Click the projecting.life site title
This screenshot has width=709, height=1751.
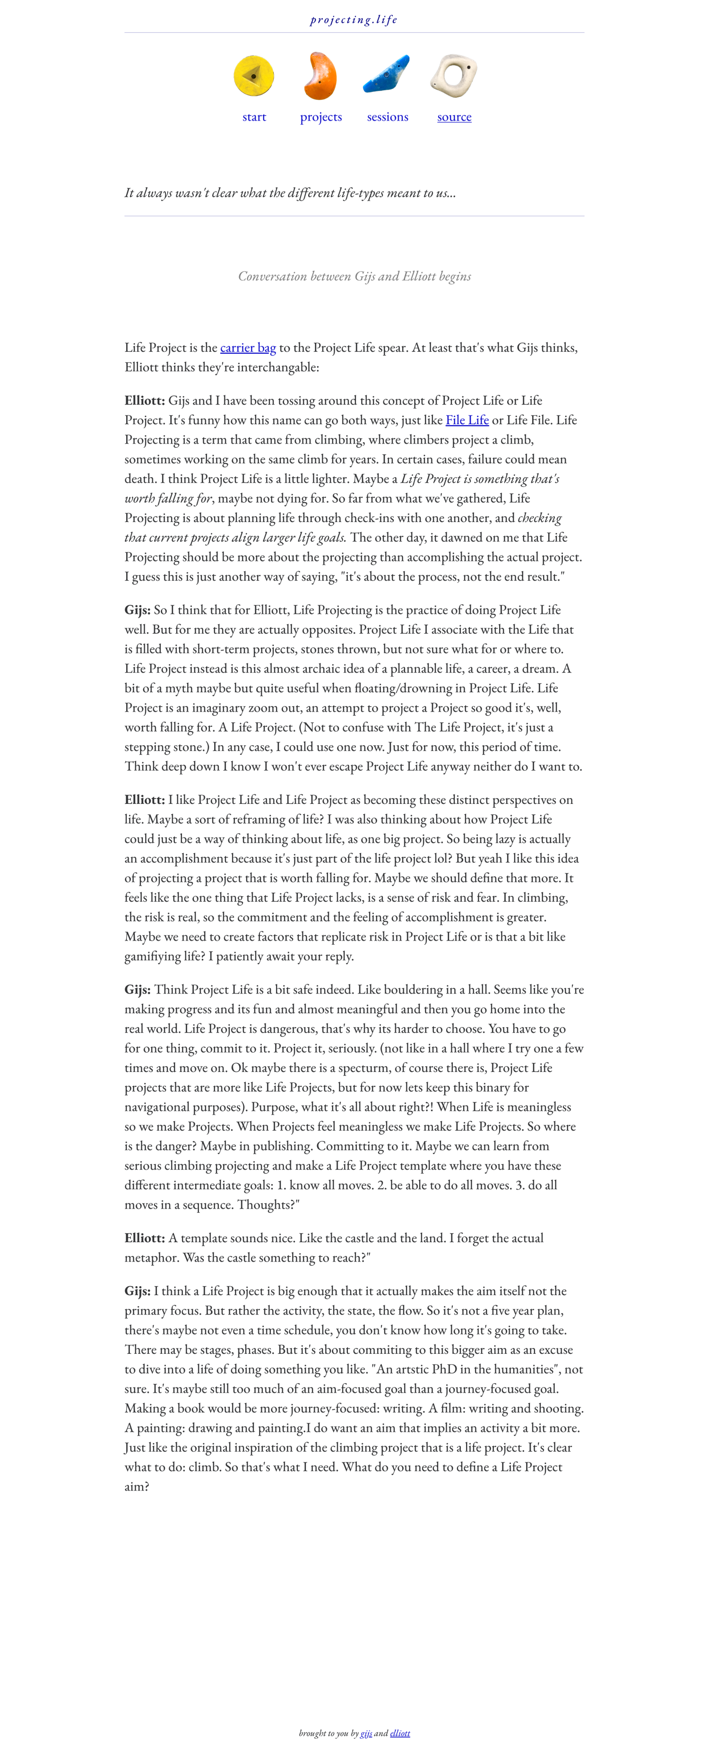(x=354, y=20)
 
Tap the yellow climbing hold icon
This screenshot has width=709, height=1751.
(x=253, y=76)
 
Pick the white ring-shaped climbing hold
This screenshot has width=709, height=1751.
(x=454, y=76)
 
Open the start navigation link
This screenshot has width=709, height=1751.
(x=254, y=117)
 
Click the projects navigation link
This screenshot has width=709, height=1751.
(x=321, y=117)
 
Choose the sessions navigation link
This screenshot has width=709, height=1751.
(x=388, y=117)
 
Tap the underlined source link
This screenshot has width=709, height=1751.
(x=454, y=117)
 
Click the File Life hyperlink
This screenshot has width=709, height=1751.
(x=467, y=420)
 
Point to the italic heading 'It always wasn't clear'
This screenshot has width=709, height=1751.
(x=290, y=193)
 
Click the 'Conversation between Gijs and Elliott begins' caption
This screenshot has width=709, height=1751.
(x=354, y=276)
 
